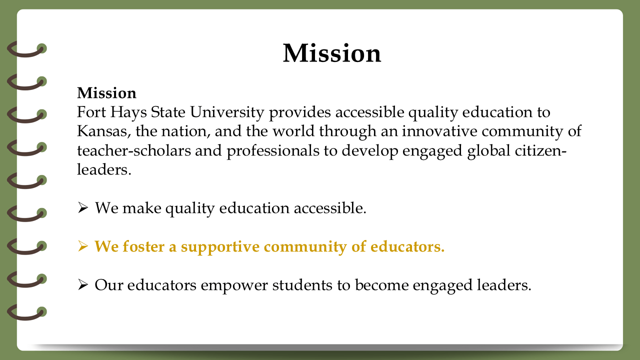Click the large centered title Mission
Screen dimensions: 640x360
coord(332,53)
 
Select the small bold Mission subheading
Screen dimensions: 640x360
coord(106,93)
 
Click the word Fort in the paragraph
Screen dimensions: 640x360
coord(91,111)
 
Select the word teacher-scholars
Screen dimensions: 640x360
coord(134,150)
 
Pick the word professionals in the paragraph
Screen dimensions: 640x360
coord(273,151)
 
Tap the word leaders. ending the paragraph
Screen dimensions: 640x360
coord(104,169)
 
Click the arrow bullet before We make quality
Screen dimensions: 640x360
coord(83,207)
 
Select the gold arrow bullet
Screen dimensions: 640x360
coord(83,246)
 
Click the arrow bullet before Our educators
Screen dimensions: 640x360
coord(83,285)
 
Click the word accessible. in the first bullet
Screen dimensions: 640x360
coord(330,207)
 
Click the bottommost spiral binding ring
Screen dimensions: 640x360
coord(27,312)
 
